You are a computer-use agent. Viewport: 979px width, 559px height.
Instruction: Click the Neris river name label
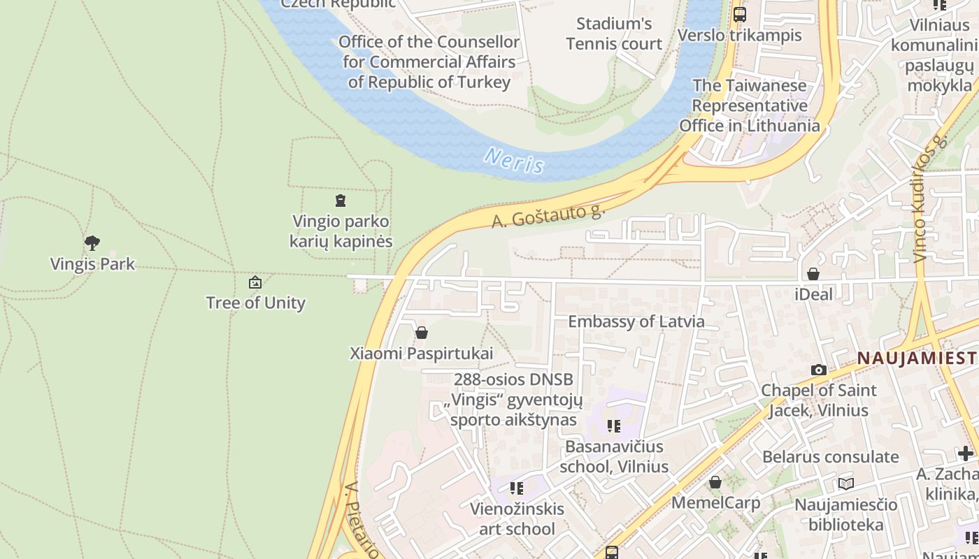click(x=514, y=161)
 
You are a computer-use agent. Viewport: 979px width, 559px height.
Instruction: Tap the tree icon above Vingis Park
click(x=92, y=243)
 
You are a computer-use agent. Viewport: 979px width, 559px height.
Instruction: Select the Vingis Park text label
click(x=92, y=264)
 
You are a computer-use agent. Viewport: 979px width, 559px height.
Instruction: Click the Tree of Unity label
click(x=255, y=303)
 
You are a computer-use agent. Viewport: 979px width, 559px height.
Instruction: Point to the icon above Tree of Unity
click(x=255, y=282)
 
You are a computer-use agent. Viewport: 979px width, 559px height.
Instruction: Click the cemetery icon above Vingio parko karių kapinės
click(x=341, y=201)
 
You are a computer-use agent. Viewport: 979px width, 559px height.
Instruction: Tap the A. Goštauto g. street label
click(x=548, y=215)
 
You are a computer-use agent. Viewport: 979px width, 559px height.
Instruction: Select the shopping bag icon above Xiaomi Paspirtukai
click(x=421, y=333)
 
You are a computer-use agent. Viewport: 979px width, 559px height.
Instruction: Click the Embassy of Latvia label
click(x=636, y=321)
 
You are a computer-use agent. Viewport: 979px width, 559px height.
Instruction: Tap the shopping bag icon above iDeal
click(x=813, y=274)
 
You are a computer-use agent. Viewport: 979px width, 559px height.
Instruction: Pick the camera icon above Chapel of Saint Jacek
click(x=818, y=370)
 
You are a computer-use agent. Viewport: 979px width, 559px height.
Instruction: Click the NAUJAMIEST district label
click(x=917, y=358)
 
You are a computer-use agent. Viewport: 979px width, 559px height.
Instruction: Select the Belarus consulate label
click(x=830, y=457)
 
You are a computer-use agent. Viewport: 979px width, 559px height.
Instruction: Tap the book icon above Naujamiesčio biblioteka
click(x=846, y=484)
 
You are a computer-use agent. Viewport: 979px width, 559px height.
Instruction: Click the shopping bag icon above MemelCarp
click(x=715, y=482)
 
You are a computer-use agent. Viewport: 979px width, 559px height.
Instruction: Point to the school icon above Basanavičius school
click(x=613, y=426)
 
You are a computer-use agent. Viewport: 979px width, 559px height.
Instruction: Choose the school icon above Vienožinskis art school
click(x=516, y=488)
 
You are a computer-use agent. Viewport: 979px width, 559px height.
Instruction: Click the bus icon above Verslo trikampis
click(x=739, y=14)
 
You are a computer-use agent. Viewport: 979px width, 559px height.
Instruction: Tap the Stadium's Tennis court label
click(x=614, y=34)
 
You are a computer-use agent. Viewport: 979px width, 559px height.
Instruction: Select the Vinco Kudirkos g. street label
click(x=930, y=199)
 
